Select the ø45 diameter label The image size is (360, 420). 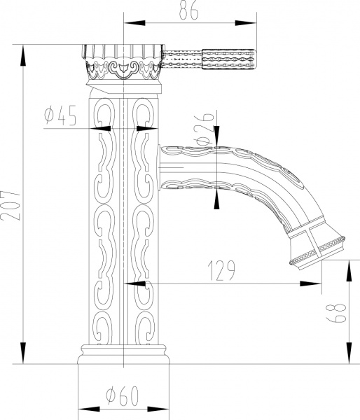tap(59, 116)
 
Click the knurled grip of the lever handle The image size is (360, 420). tap(230, 58)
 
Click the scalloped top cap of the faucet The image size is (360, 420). tap(125, 53)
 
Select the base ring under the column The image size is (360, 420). tap(124, 353)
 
